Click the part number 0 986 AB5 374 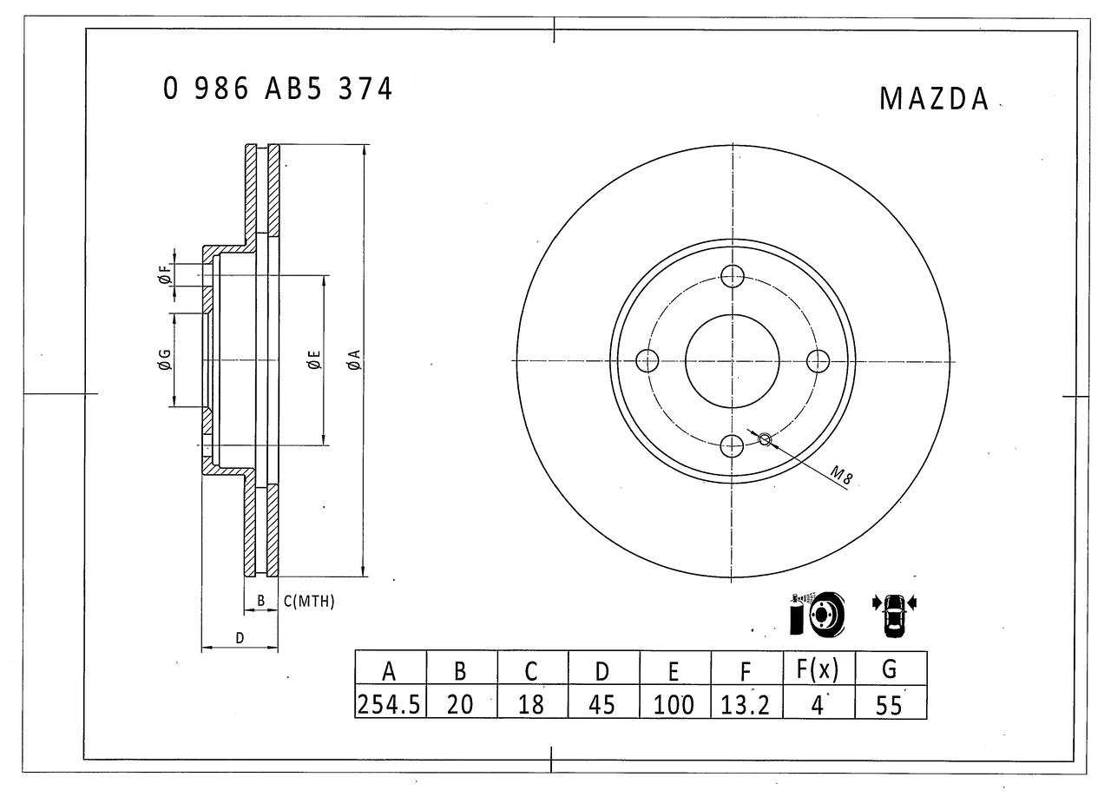(278, 89)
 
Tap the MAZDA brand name (934, 99)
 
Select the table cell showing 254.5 (390, 703)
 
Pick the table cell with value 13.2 (746, 703)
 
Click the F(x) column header (818, 669)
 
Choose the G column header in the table (890, 669)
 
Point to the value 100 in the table (674, 703)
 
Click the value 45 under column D (602, 703)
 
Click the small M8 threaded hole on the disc (765, 439)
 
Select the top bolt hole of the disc (733, 276)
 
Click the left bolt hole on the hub (648, 359)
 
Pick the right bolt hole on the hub (818, 359)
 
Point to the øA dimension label (353, 360)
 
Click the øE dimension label (313, 360)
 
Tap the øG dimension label (163, 360)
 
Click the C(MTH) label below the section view (308, 602)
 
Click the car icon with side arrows (894, 613)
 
